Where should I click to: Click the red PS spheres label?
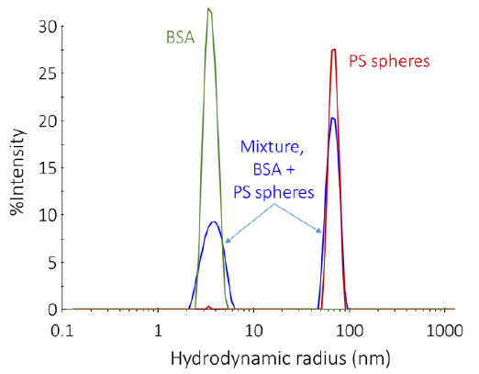point(389,62)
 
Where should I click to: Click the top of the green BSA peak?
point(209,9)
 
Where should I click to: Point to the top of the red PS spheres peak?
point(334,50)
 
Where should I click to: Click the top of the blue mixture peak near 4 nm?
point(214,221)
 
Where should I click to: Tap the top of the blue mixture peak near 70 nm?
point(333,118)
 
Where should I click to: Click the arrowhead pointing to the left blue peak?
point(225,242)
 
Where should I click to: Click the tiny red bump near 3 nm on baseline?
point(209,307)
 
